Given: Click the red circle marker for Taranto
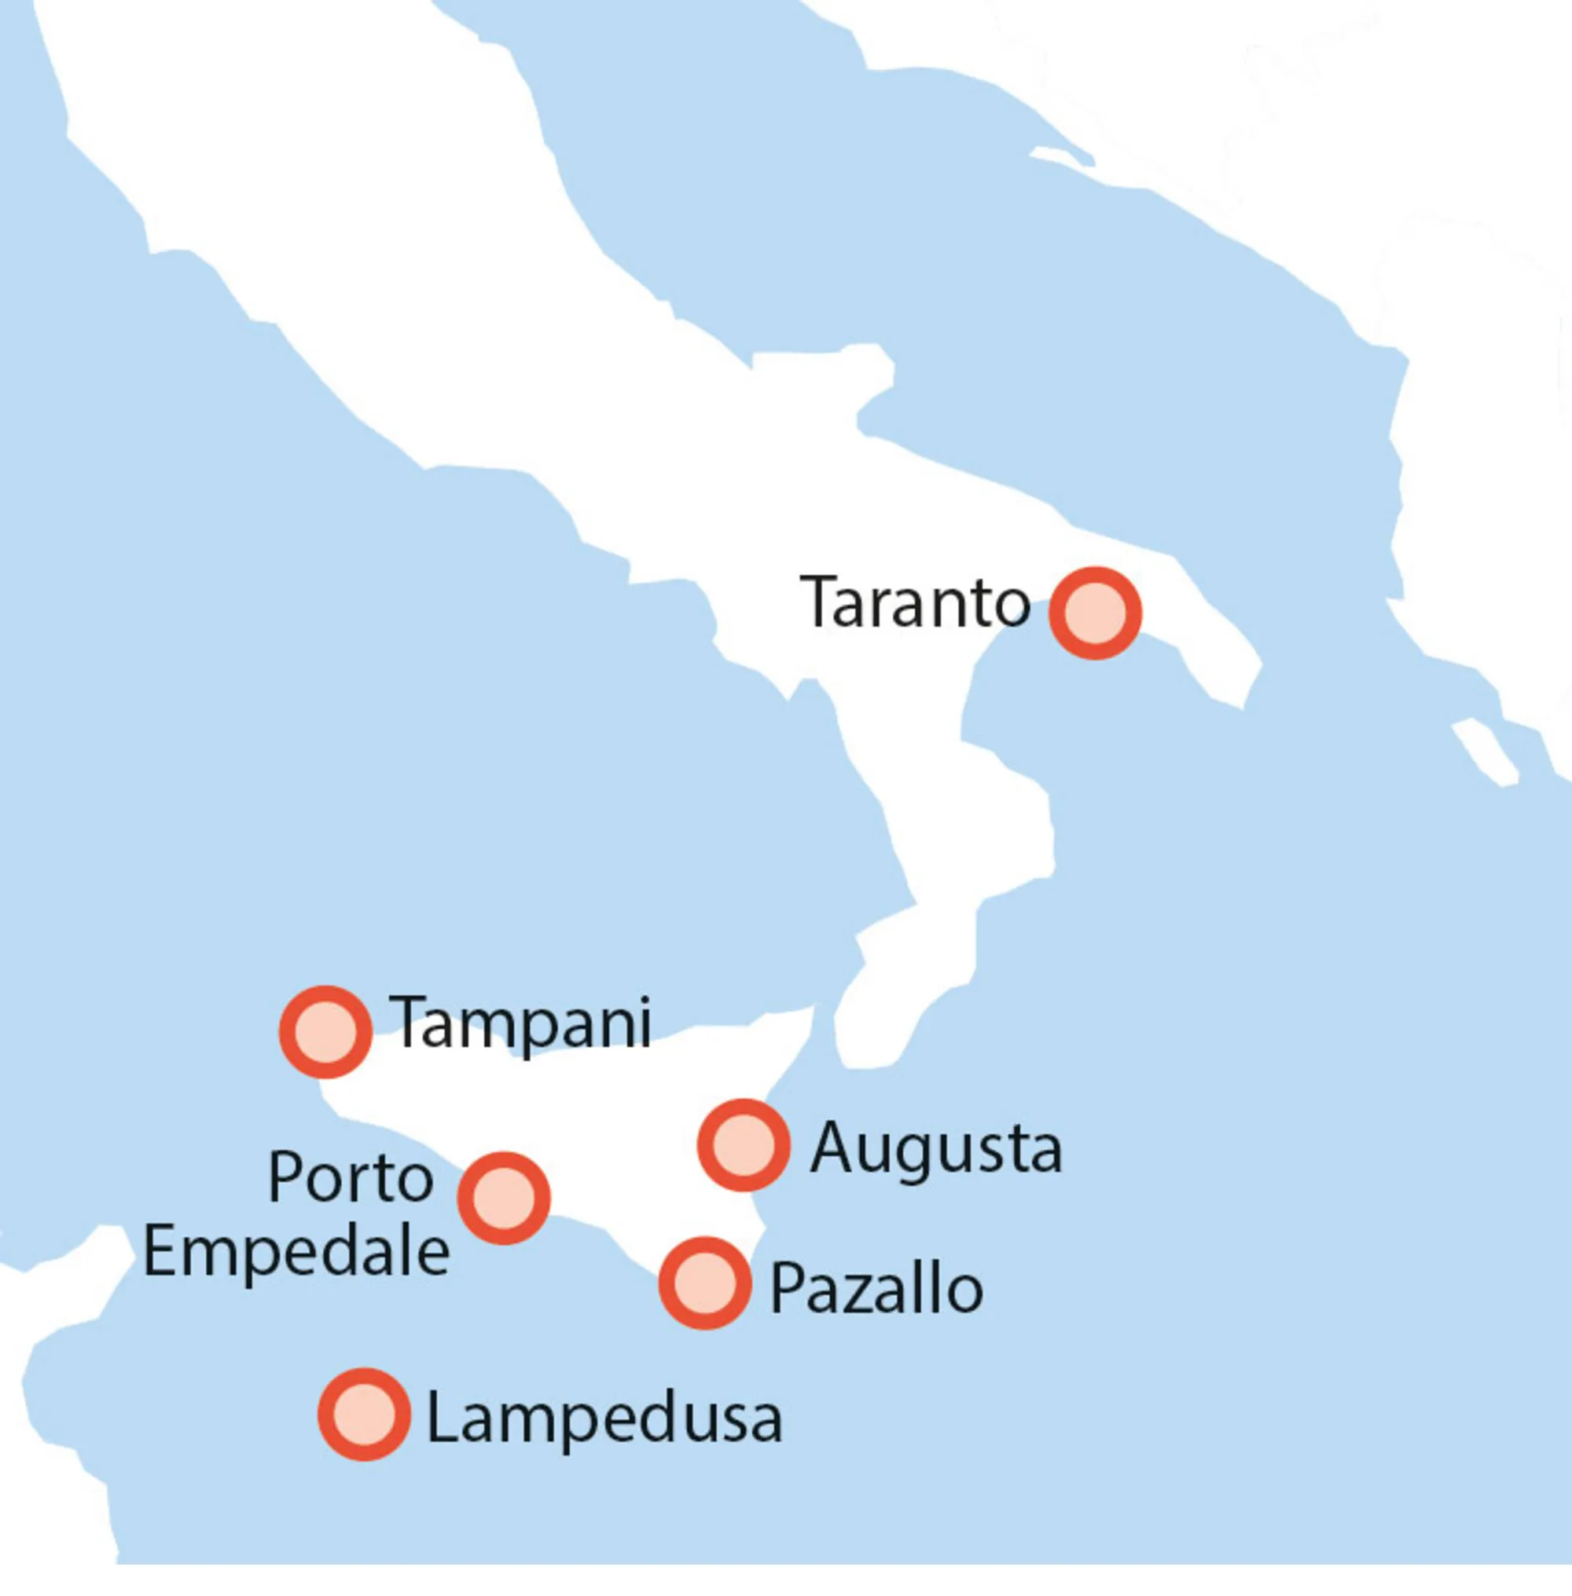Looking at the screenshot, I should (1095, 613).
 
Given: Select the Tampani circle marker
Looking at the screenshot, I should (325, 1031).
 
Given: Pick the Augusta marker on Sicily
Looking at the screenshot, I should (743, 1144).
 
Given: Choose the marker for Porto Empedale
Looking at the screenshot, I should (504, 1199).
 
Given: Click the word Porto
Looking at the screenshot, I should (351, 1177).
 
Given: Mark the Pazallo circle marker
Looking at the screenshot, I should (704, 1283).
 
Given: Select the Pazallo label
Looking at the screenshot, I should (876, 1288).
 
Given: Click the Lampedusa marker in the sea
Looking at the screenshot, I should (364, 1415).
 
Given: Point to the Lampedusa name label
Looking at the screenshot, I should (604, 1418).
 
